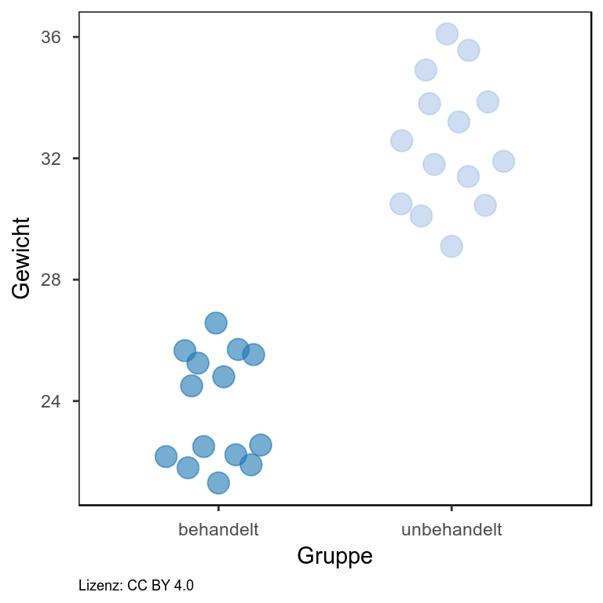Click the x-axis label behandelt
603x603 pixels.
coord(218,529)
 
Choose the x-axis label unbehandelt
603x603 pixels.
coord(451,529)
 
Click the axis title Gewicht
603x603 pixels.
coord(22,258)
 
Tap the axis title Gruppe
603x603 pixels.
coord(334,557)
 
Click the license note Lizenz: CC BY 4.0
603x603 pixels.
coord(137,586)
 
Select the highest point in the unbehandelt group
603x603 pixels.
coord(447,34)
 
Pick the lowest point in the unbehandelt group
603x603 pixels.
coord(451,247)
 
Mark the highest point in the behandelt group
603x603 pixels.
coord(216,323)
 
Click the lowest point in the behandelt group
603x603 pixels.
coord(218,483)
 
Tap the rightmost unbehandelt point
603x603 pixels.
coord(503,161)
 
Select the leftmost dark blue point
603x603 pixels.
coord(166,456)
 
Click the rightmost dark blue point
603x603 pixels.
coord(261,445)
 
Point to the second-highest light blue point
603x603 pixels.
coord(469,50)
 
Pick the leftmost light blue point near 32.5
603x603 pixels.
coord(401,141)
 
